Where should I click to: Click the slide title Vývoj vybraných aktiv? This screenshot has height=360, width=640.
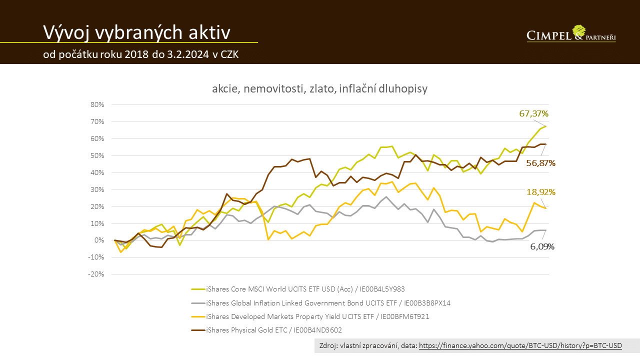pyautogui.click(x=136, y=32)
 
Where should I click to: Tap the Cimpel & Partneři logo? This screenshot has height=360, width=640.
pyautogui.click(x=571, y=34)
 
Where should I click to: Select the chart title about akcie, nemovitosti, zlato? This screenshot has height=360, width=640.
pyautogui.click(x=320, y=89)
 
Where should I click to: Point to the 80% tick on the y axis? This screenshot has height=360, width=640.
pyautogui.click(x=97, y=105)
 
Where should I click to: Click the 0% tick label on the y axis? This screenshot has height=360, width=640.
pyautogui.click(x=98, y=240)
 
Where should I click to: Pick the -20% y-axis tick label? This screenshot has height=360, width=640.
pyautogui.click(x=96, y=274)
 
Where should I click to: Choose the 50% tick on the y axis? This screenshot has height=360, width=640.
pyautogui.click(x=97, y=156)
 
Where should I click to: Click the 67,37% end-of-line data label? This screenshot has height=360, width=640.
pyautogui.click(x=534, y=113)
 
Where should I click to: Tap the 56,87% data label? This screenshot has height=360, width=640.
pyautogui.click(x=540, y=163)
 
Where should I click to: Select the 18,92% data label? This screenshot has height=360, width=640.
pyautogui.click(x=541, y=192)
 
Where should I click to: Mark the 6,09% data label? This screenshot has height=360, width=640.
pyautogui.click(x=542, y=246)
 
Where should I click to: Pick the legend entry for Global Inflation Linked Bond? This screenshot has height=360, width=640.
pyautogui.click(x=328, y=303)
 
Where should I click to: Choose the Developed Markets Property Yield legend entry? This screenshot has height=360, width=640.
pyautogui.click(x=317, y=316)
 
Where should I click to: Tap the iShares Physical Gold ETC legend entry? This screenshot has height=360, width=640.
pyautogui.click(x=274, y=330)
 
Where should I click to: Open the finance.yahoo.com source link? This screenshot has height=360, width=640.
pyautogui.click(x=520, y=346)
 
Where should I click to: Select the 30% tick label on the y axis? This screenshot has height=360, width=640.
pyautogui.click(x=97, y=189)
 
